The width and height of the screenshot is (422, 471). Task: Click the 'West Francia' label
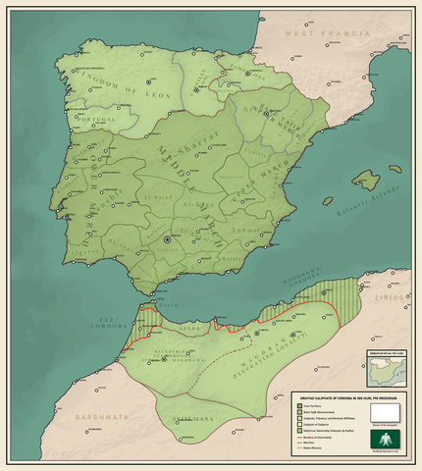click(x=318, y=34)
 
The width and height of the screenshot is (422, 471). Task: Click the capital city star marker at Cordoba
click(x=168, y=239)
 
